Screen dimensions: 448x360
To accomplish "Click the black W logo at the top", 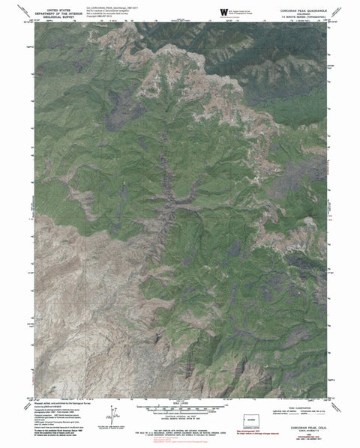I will (x=223, y=10).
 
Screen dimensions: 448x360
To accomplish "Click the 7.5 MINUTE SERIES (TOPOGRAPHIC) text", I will (x=296, y=16).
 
